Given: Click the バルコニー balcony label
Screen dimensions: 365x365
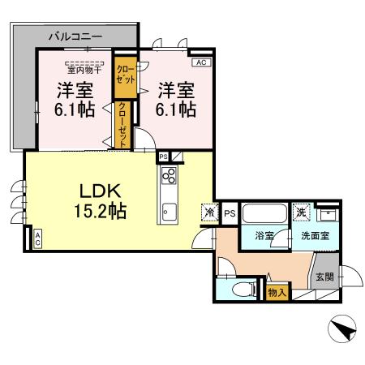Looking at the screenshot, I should pos(75,36).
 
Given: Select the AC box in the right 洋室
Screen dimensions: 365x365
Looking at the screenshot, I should pos(200,62).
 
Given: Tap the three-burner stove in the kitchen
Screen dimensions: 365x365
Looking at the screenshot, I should pos(170,177).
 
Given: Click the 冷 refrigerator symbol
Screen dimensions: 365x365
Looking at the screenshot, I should pos(209,213).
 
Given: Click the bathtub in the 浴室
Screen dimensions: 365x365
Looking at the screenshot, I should pos(264,215).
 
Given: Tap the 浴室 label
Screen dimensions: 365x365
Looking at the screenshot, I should pos(264,236).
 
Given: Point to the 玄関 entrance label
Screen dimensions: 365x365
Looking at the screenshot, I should pos(324,276).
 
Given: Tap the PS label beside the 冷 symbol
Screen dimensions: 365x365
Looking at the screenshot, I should pos(230,213).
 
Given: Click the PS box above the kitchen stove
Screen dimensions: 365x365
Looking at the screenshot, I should pos(163,157).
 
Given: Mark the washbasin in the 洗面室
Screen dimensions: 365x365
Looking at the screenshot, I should pos(328,215).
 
